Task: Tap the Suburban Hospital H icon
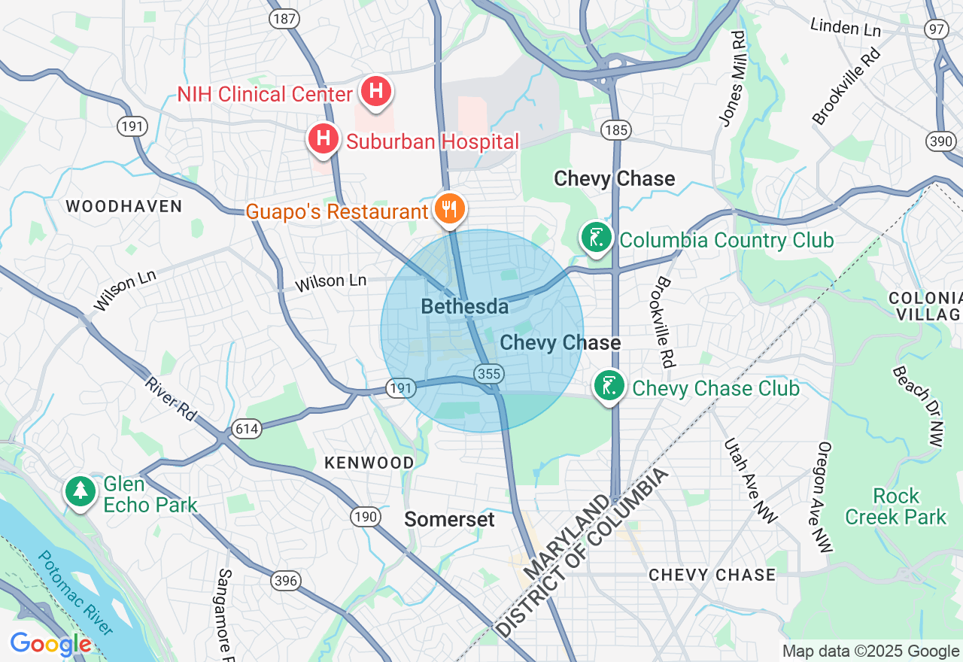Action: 324,139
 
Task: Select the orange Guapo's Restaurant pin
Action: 450,209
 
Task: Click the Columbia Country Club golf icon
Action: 596,238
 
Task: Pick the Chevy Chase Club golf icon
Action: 609,386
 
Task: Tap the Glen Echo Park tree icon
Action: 80,490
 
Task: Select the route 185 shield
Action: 615,130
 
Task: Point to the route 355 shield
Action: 488,373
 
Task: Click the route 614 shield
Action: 246,429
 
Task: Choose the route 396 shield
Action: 286,581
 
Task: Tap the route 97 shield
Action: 937,29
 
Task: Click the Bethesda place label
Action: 464,306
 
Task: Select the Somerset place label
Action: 449,519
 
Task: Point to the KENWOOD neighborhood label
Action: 369,463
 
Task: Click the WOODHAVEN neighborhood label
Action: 123,206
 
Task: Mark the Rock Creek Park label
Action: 895,506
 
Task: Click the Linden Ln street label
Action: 845,27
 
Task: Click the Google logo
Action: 50,644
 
